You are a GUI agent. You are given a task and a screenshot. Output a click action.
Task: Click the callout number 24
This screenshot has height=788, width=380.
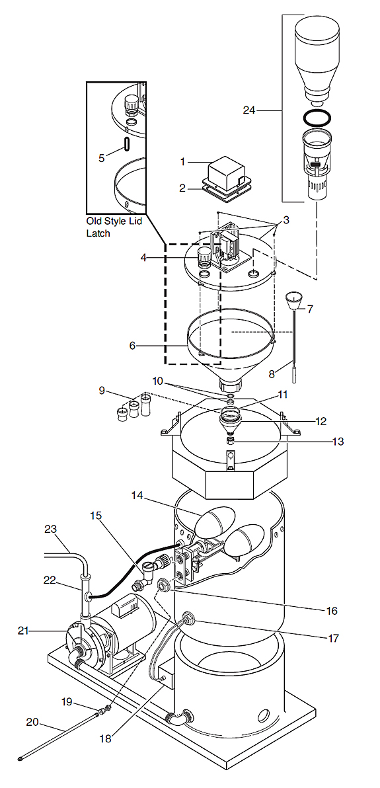tap(248, 110)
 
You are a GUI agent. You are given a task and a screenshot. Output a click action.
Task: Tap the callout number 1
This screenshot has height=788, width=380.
tap(184, 162)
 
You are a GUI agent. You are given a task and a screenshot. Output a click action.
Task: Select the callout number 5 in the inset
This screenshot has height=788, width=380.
tap(102, 158)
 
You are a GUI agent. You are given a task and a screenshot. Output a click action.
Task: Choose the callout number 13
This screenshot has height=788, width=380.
tap(338, 441)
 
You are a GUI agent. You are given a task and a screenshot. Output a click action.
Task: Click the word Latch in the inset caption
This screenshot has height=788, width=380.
tap(98, 233)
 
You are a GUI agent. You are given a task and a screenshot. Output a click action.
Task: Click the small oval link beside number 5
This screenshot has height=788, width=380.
tap(127, 143)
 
